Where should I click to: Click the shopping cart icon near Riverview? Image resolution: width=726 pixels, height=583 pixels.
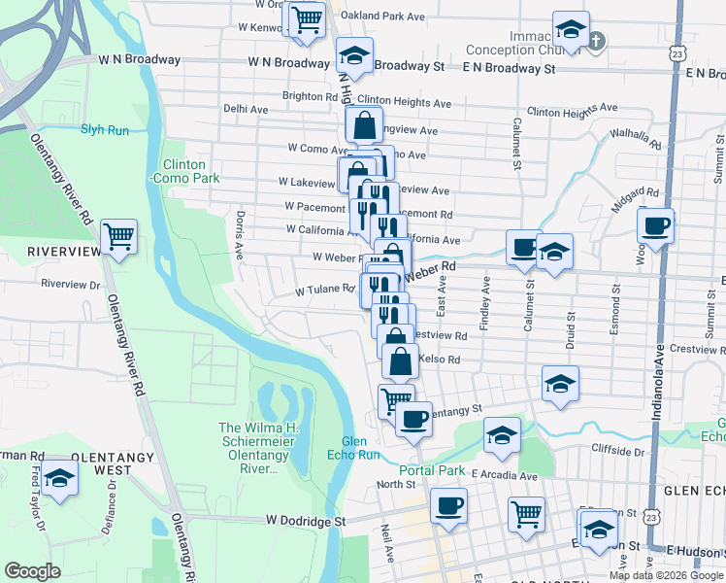pos(118,235)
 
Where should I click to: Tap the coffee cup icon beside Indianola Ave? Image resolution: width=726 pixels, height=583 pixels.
pos(655,225)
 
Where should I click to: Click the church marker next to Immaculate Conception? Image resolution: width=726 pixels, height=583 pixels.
pos(595,40)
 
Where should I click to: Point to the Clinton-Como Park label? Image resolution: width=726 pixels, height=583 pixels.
pos(184,171)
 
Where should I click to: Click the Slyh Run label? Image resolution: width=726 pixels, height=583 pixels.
pos(105,129)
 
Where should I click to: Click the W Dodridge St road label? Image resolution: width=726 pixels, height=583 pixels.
pos(306,521)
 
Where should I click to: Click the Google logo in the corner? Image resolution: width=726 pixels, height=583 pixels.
pos(32,571)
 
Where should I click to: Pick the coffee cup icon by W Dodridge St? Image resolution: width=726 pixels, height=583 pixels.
pos(448,504)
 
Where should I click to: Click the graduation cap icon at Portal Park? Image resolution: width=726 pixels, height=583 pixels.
pos(502,435)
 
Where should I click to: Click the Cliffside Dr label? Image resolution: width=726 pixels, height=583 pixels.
pos(618,450)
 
